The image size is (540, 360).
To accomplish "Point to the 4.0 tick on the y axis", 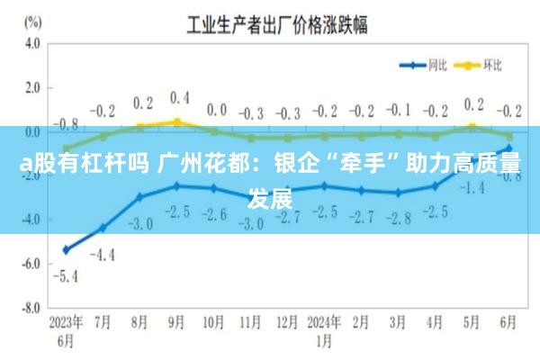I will [33, 43].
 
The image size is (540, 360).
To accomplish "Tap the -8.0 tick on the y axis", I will [32, 308].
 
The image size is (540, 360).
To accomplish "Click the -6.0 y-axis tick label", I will [32, 264].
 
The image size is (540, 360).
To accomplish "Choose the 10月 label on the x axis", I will [213, 322].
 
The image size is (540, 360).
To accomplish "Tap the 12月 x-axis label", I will [287, 322].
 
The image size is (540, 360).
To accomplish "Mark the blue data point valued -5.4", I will [66, 249].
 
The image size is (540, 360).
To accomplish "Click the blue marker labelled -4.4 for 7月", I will [103, 228].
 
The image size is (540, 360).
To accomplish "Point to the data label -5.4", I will [66, 275].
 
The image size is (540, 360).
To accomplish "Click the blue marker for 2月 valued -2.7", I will [361, 190].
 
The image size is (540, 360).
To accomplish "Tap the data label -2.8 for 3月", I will [397, 218].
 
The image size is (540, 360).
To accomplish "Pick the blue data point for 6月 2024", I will [508, 148].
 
